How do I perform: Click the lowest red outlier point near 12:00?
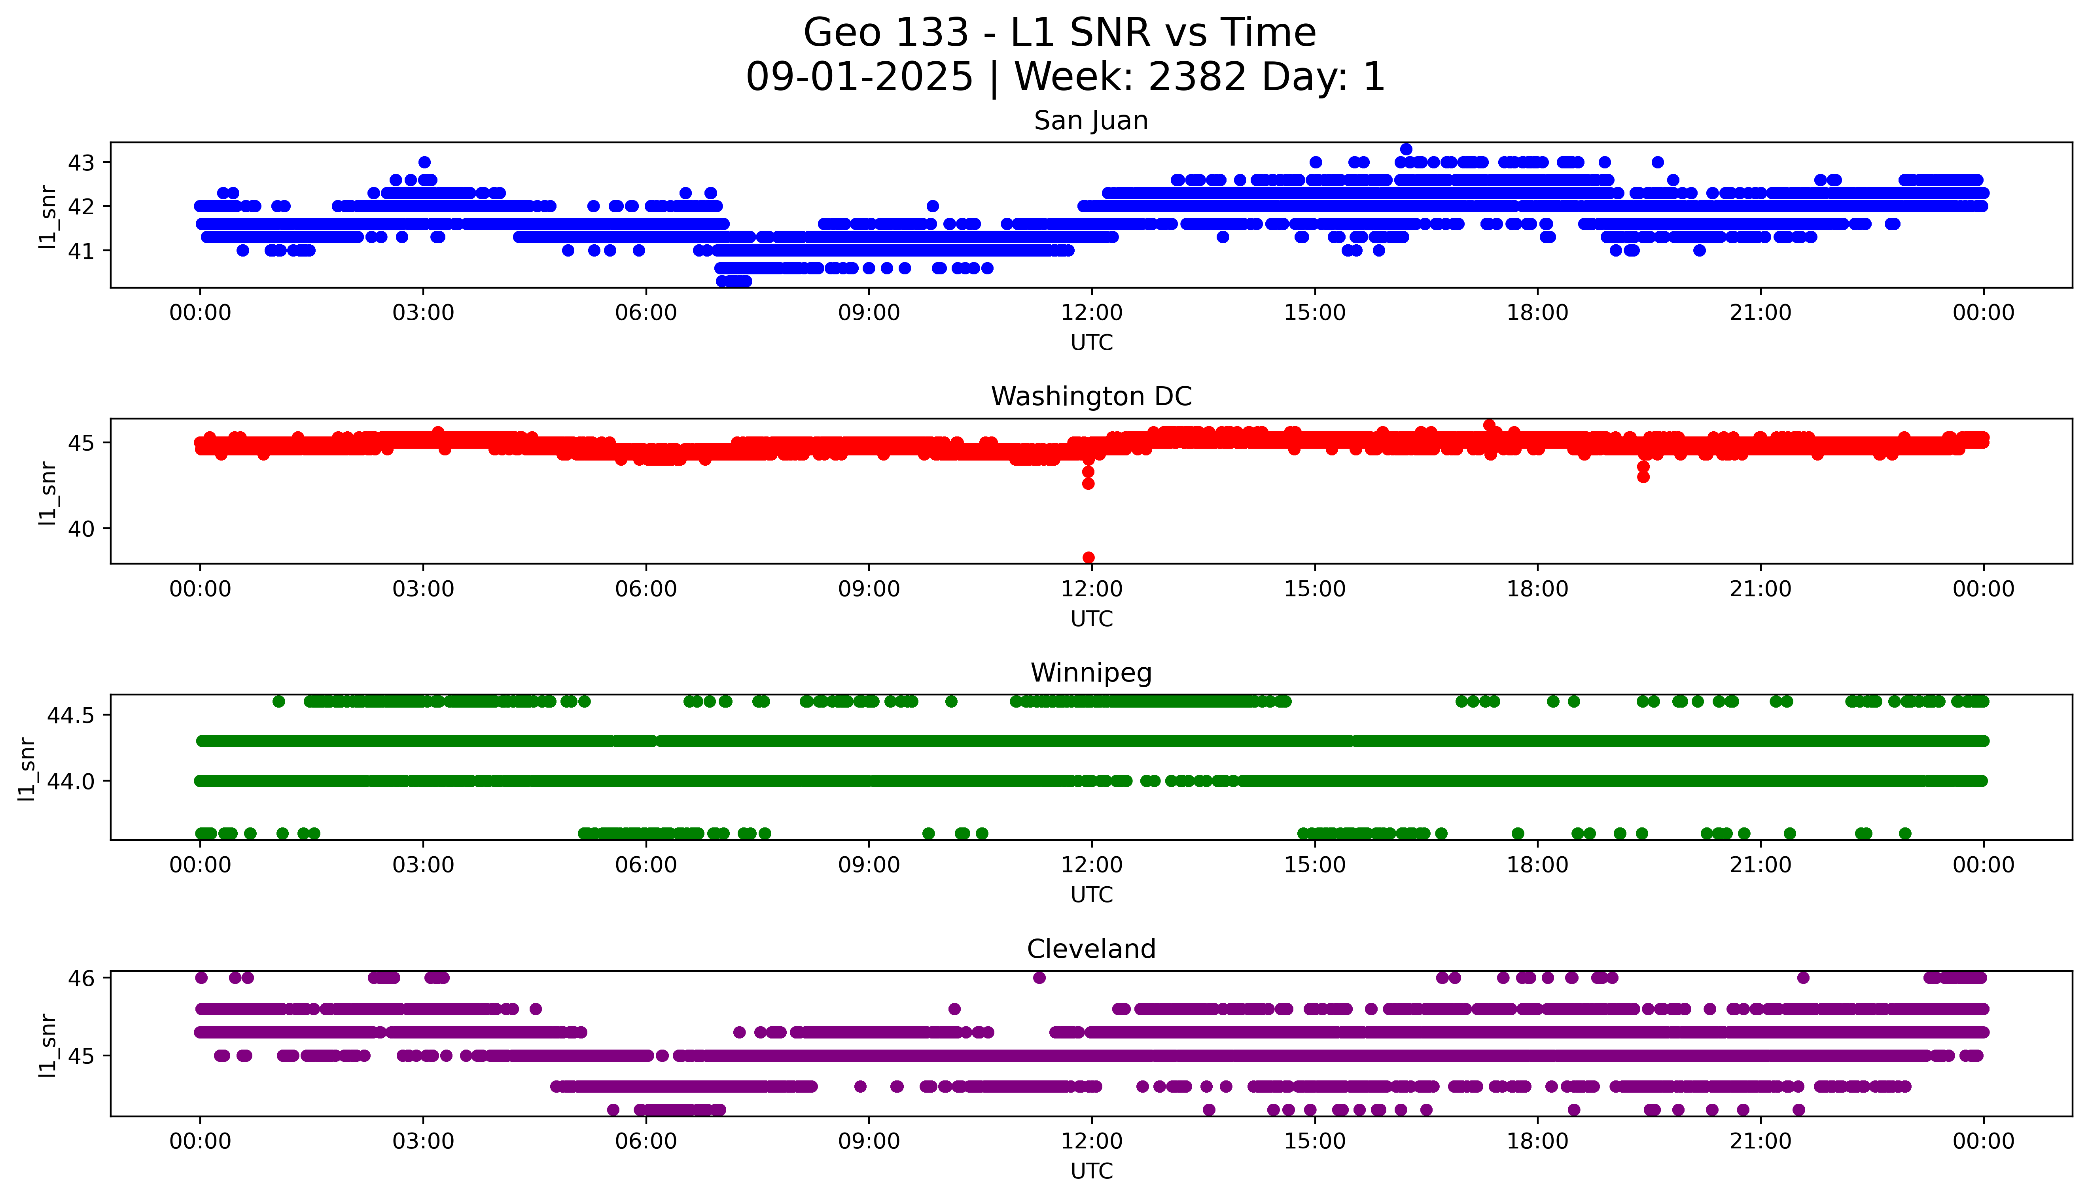[x=1088, y=557]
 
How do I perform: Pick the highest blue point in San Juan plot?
[x=1406, y=149]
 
